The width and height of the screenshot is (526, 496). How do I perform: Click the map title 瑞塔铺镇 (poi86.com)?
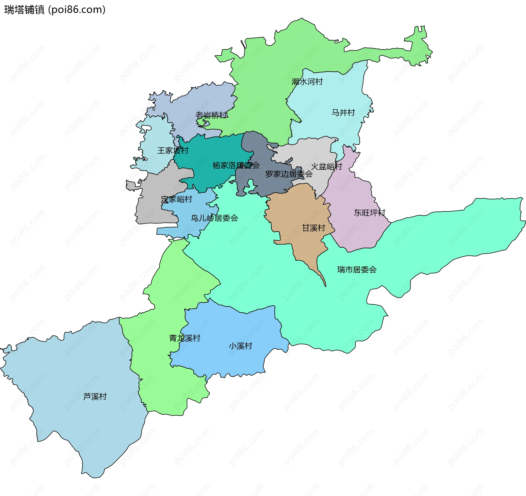pyautogui.click(x=55, y=10)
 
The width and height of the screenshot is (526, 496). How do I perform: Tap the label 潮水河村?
pyautogui.click(x=307, y=82)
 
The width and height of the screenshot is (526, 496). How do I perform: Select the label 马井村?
pyautogui.click(x=343, y=112)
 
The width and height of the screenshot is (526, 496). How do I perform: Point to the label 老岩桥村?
pyautogui.click(x=211, y=115)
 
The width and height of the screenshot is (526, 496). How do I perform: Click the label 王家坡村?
pyautogui.click(x=173, y=150)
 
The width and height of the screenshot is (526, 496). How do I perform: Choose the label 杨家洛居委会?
pyautogui.click(x=236, y=165)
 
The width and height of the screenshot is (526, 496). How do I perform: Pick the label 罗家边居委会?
pyautogui.click(x=289, y=174)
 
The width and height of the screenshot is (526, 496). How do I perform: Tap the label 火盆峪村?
pyautogui.click(x=326, y=166)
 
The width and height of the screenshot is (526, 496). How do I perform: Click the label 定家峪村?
pyautogui.click(x=177, y=199)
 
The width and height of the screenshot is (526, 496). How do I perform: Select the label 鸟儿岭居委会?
pyautogui.click(x=214, y=218)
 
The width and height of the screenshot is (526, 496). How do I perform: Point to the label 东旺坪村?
pyautogui.click(x=369, y=212)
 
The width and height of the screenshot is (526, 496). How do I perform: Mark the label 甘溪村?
pyautogui.click(x=313, y=228)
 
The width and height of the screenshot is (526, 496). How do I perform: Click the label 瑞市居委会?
pyautogui.click(x=357, y=270)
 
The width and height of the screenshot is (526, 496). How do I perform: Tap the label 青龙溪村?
pyautogui.click(x=185, y=338)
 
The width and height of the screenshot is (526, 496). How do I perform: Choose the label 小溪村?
pyautogui.click(x=241, y=346)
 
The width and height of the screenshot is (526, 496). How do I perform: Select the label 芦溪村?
pyautogui.click(x=95, y=396)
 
